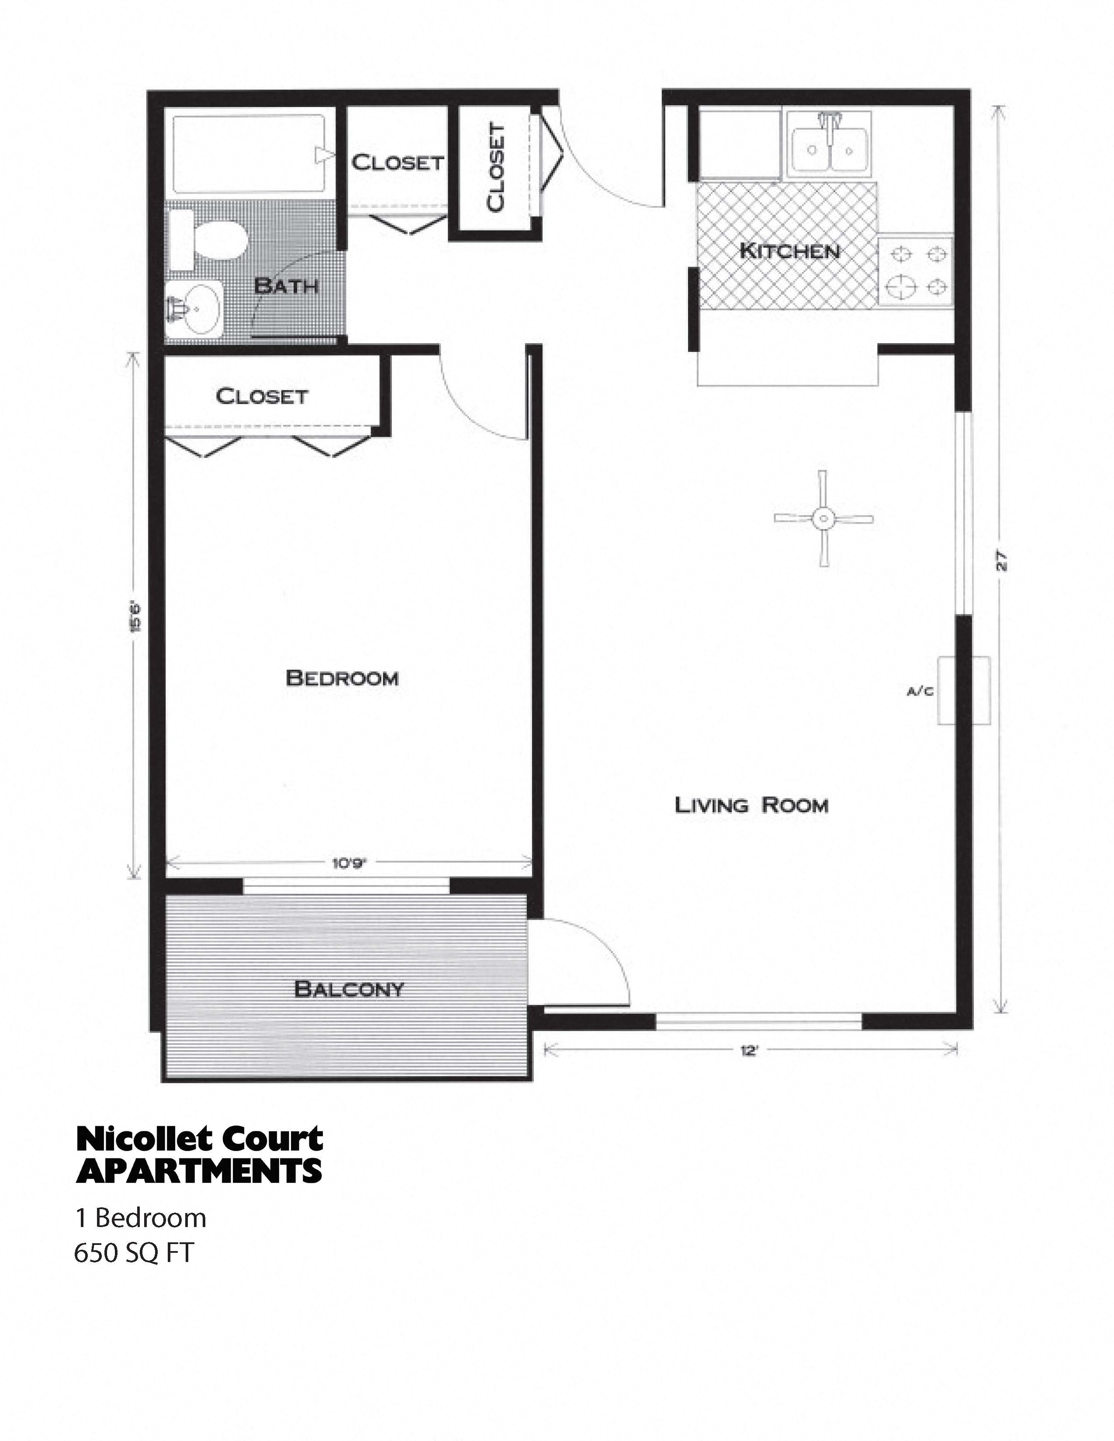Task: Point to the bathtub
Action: coord(249,154)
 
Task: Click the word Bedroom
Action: coord(342,678)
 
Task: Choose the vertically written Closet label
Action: coord(496,168)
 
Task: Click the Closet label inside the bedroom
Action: coord(261,396)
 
